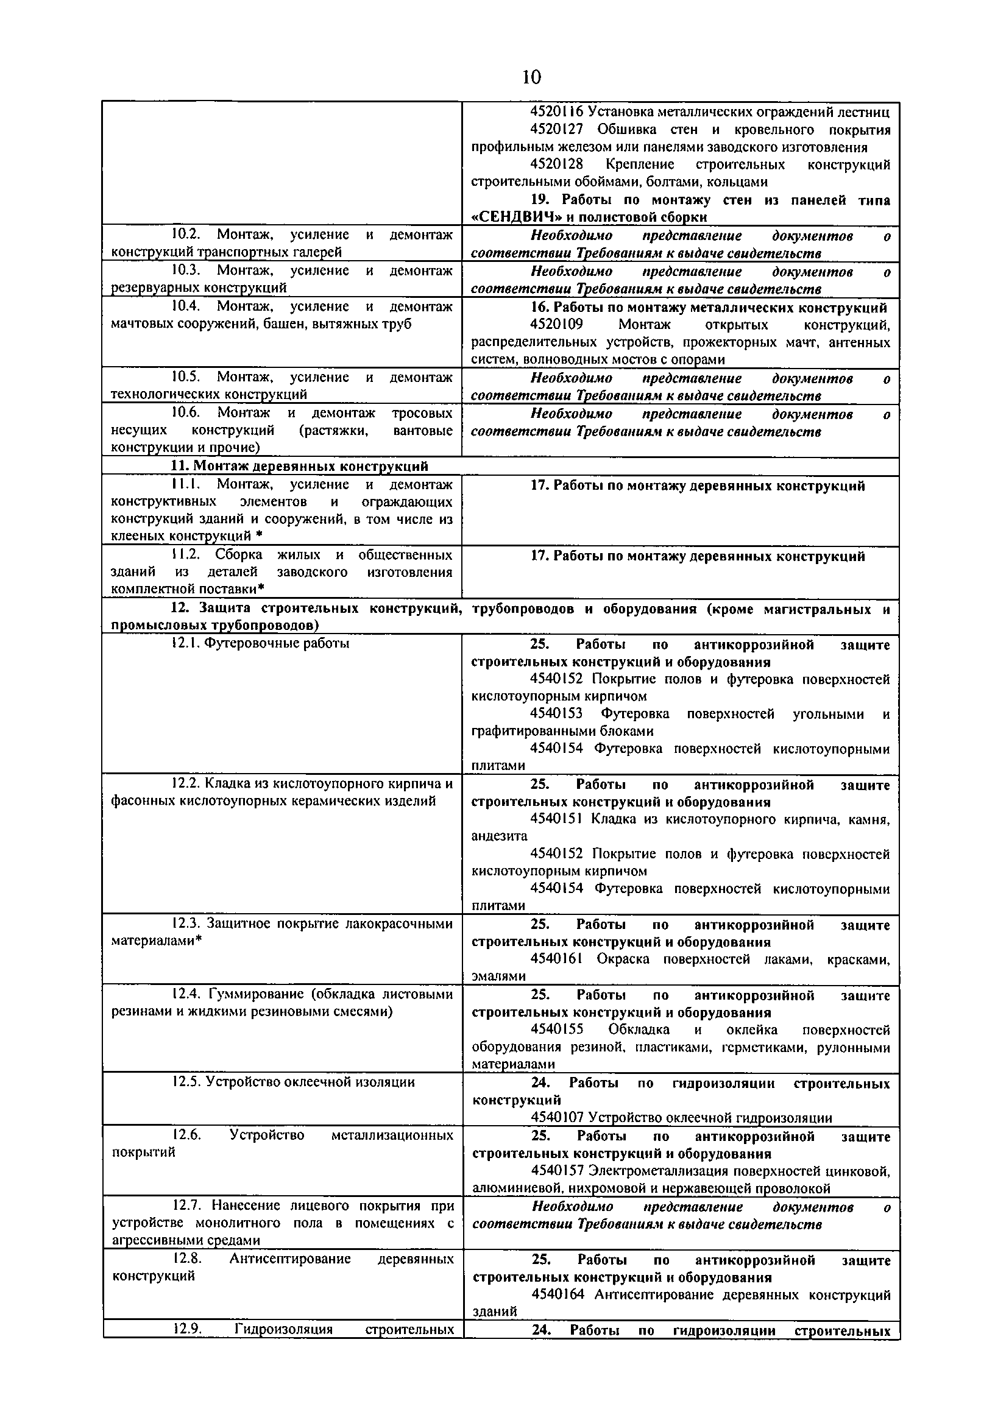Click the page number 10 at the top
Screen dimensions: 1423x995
[531, 77]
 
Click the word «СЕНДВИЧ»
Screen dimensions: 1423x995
[517, 217]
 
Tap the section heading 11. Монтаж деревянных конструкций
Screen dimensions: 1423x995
[299, 466]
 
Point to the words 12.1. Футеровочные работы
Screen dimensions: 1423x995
[260, 643]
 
